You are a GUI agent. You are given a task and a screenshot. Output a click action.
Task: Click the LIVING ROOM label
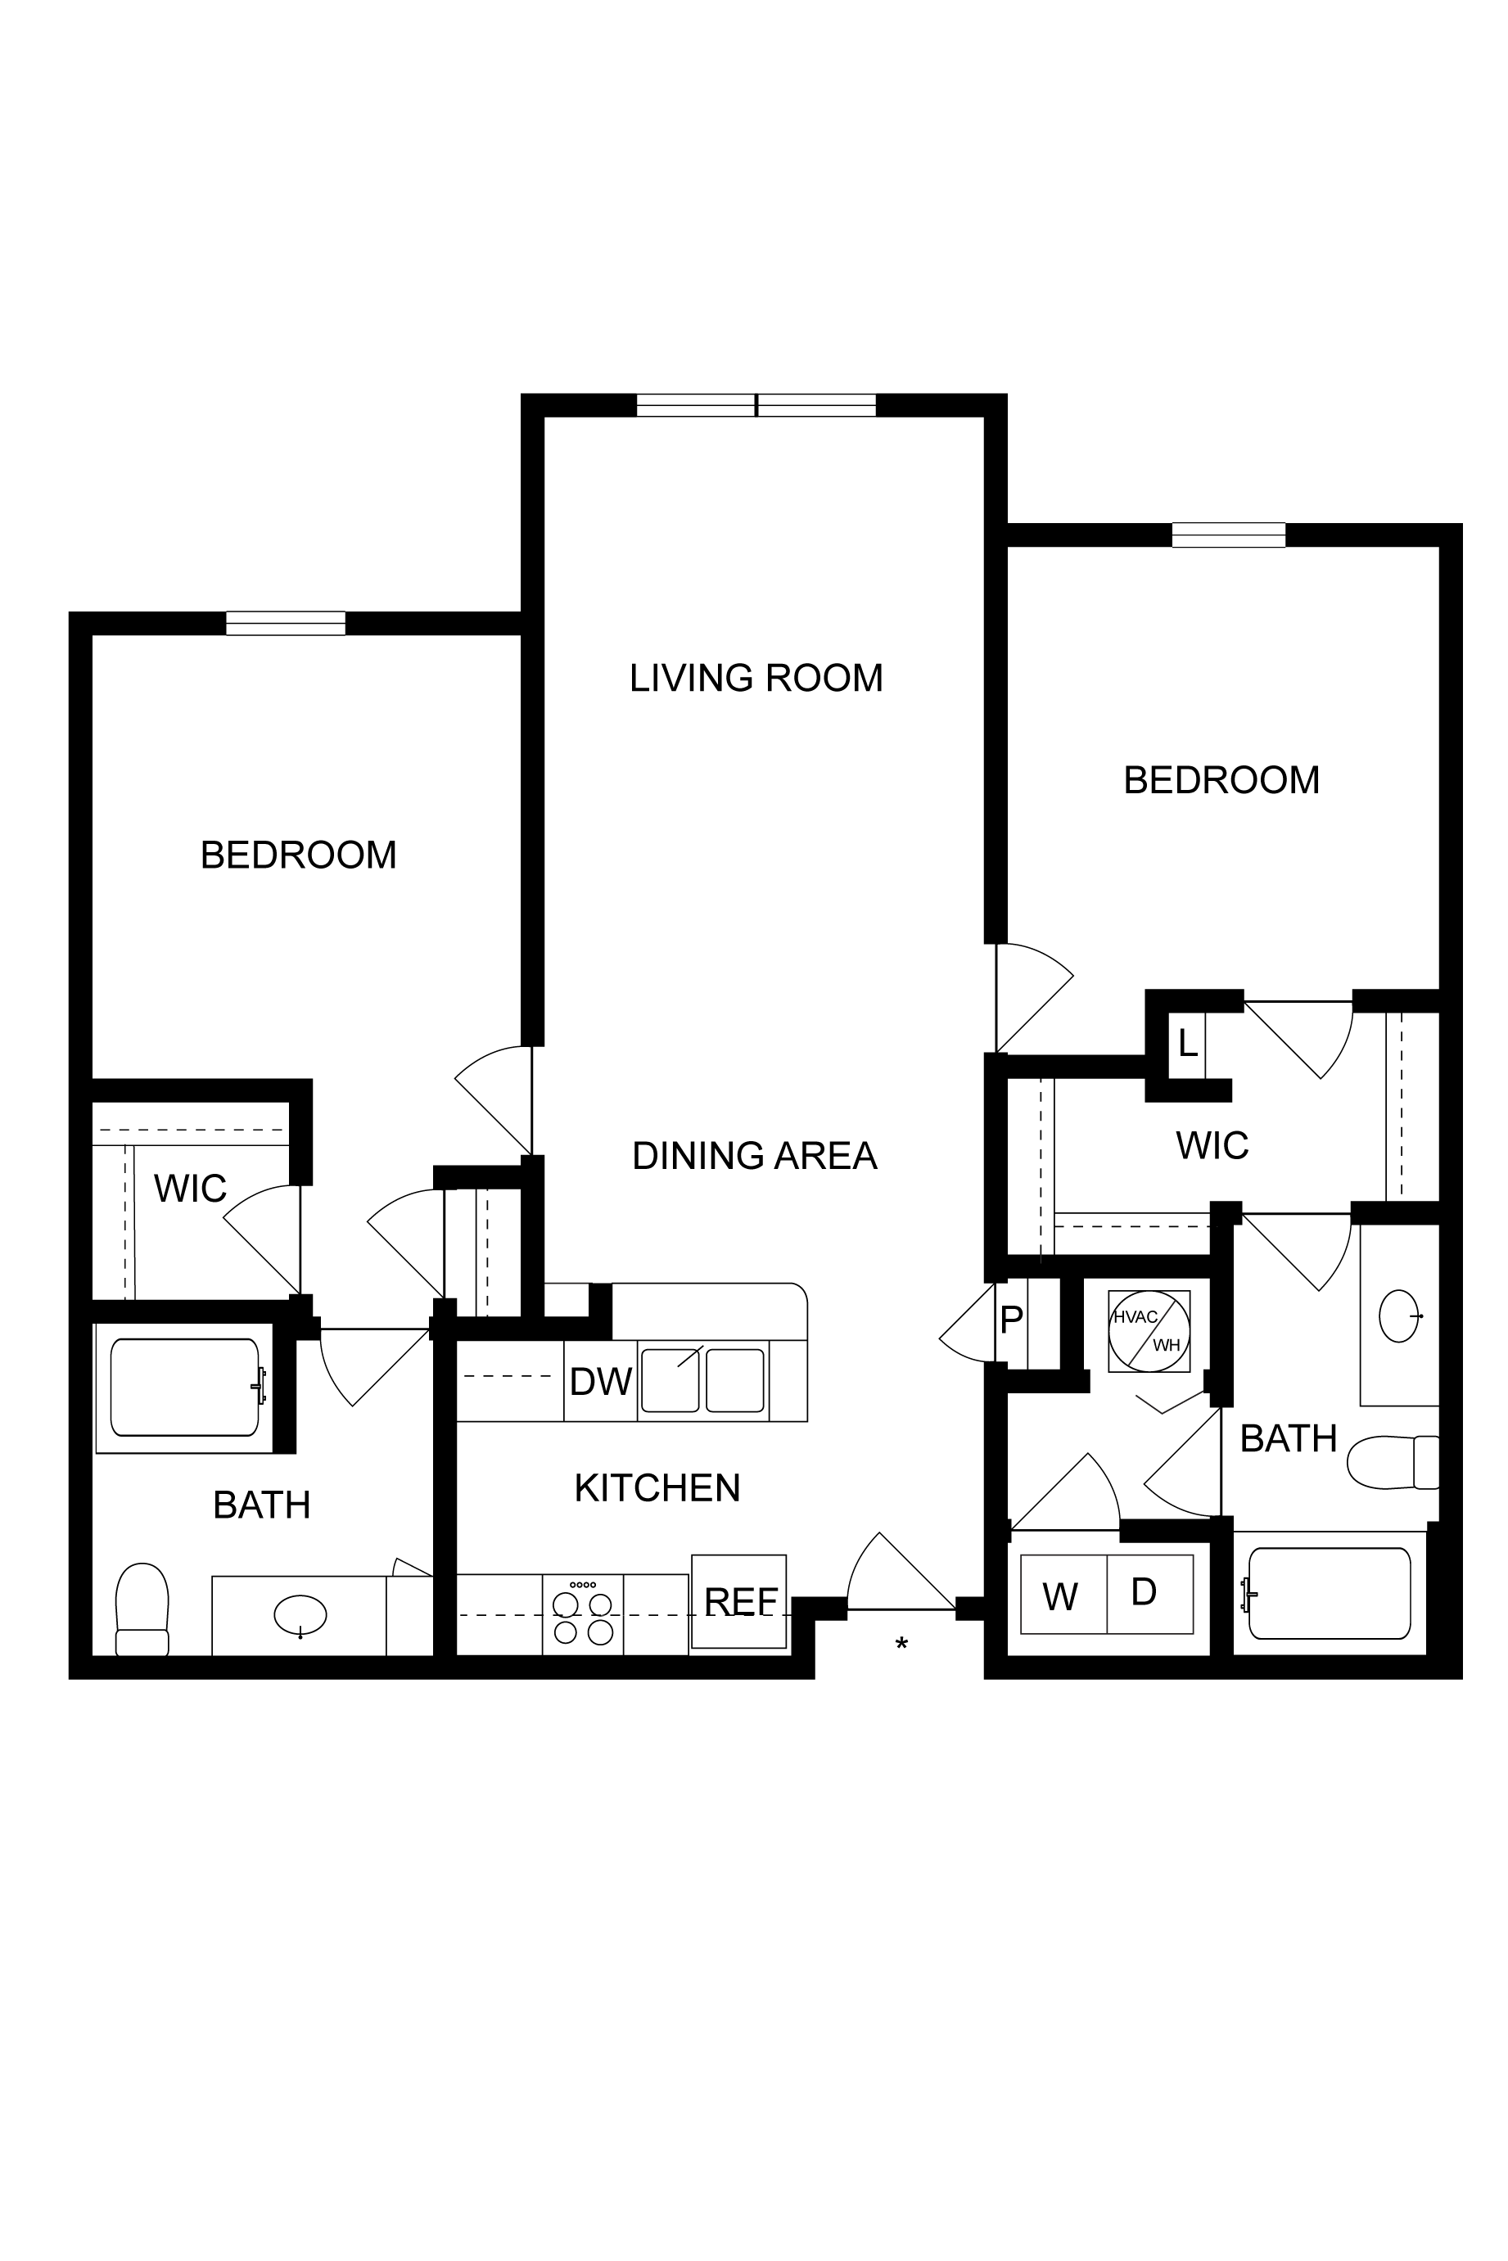756,678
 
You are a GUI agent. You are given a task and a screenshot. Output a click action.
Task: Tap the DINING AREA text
755,1155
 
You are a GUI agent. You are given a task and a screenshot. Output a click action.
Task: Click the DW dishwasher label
600,1382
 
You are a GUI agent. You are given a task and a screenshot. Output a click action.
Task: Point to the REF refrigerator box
738,1601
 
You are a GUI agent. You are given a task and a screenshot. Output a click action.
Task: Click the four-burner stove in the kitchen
583,1615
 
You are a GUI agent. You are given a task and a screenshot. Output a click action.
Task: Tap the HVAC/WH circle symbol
1149,1332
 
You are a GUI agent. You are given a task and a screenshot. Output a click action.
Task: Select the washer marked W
1063,1595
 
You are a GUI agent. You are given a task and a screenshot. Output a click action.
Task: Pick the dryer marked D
1150,1595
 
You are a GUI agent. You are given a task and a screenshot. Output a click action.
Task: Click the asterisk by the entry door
901,1645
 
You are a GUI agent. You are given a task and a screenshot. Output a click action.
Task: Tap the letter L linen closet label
1188,1043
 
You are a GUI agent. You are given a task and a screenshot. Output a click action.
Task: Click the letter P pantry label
1011,1320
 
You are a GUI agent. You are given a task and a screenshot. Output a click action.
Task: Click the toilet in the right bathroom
1393,1462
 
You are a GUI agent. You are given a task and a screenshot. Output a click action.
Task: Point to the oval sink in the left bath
300,1615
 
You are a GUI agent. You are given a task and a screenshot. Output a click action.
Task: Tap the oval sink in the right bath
1399,1316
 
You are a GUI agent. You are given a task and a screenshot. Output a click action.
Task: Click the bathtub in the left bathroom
185,1387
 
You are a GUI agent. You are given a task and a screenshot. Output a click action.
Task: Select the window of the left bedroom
286,623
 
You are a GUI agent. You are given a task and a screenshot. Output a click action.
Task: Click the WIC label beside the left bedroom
191,1189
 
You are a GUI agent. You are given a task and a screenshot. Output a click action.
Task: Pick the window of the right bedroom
1228,535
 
